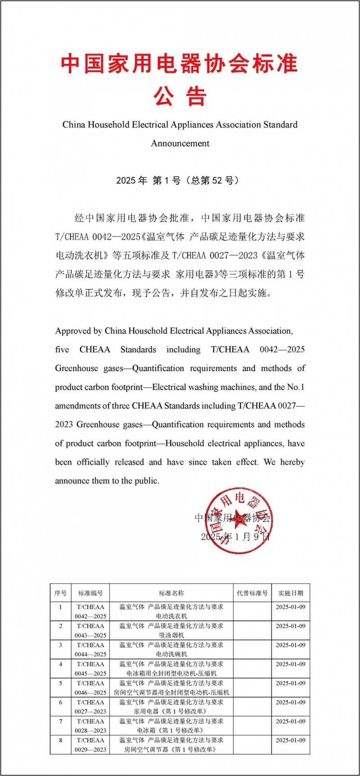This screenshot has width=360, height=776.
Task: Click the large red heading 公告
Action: (180, 96)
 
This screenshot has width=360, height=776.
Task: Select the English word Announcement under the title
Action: (180, 144)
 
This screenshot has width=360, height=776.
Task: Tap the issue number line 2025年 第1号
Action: (177, 180)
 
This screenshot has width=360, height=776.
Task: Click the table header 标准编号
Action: (90, 593)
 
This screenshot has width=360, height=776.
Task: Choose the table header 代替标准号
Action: (252, 593)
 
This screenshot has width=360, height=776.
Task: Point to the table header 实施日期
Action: (291, 593)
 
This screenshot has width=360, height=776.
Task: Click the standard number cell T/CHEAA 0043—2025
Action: (90, 631)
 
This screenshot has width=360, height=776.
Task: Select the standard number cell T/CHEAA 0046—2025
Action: (90, 688)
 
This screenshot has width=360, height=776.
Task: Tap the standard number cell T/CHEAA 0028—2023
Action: (90, 726)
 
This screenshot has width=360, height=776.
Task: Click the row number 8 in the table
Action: (61, 740)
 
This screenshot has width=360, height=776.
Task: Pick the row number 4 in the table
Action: (61, 664)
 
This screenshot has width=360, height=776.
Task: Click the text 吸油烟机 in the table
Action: (171, 635)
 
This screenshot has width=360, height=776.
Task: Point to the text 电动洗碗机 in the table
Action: (171, 654)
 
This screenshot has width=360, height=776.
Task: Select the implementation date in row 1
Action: (291, 607)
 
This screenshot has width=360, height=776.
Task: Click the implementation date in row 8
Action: (291, 740)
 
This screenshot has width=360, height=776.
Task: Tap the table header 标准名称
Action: (171, 593)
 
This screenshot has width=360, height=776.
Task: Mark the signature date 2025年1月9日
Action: (235, 537)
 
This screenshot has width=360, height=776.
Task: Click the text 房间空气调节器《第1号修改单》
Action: (171, 749)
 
